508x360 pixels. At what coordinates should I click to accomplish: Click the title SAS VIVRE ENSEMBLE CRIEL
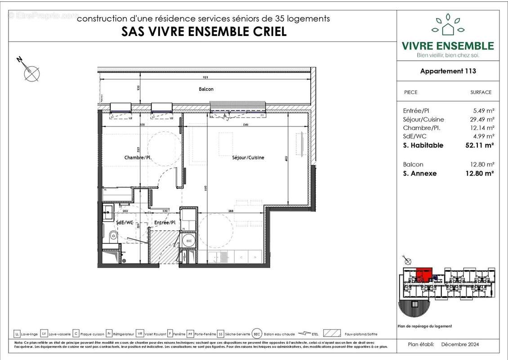(x=204, y=32)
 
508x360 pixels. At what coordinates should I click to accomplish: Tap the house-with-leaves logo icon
(x=448, y=25)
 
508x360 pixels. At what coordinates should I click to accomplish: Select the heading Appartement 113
(x=448, y=71)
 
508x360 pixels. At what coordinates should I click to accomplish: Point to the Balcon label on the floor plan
(x=206, y=89)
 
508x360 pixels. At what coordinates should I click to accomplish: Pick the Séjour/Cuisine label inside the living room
(x=248, y=157)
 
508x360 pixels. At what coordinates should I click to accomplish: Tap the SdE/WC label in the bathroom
(x=124, y=222)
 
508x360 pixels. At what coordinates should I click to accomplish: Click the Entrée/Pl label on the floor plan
(x=164, y=222)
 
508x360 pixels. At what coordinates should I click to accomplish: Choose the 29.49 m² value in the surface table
(x=481, y=119)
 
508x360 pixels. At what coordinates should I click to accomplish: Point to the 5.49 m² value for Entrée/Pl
(x=482, y=111)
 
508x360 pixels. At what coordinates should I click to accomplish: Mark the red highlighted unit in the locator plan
(x=423, y=274)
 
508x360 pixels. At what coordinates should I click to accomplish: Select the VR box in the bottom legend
(x=140, y=334)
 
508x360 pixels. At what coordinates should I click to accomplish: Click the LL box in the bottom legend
(x=17, y=334)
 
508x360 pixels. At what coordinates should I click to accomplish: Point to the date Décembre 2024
(x=460, y=344)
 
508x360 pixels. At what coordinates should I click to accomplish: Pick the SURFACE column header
(x=481, y=92)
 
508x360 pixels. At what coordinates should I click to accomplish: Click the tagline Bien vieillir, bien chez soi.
(x=448, y=55)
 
